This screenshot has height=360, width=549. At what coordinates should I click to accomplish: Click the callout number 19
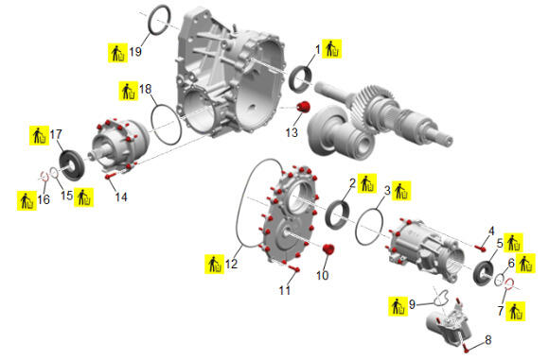coord(135,52)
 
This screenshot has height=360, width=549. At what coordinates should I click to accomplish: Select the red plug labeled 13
coord(304,107)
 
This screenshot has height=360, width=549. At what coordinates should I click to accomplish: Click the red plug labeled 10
coord(328,249)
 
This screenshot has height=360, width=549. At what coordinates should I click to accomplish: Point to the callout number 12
coord(231,264)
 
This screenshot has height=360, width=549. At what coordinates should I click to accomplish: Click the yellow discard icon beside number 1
coord(331,48)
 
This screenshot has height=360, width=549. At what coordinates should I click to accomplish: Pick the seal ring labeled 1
coord(301,79)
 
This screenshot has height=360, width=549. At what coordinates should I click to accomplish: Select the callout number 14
coord(121,197)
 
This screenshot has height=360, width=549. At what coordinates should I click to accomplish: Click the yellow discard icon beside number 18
coord(129,91)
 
